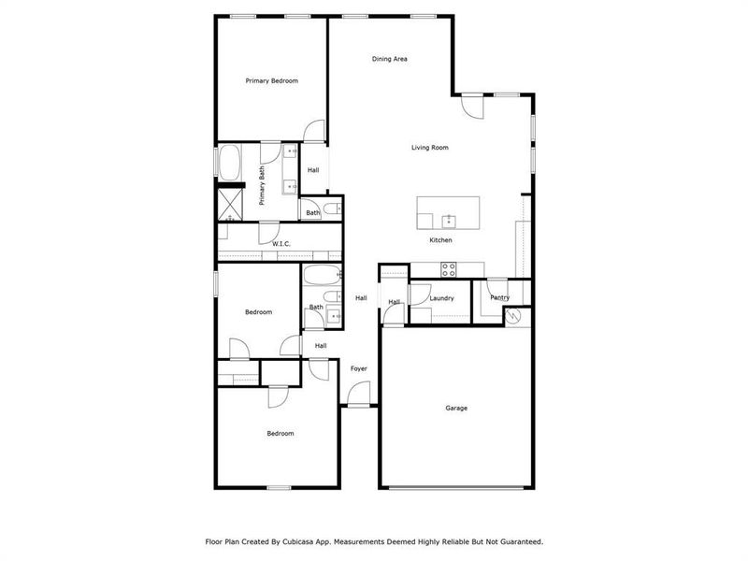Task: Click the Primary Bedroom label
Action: (x=271, y=81)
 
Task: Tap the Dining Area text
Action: (x=389, y=59)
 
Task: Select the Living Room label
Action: (x=430, y=148)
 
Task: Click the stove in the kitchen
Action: (x=448, y=269)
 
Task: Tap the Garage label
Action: (x=455, y=409)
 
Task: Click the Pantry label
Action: (x=499, y=298)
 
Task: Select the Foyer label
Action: (x=358, y=368)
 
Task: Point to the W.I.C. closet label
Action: (x=281, y=244)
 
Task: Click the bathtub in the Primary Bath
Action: (x=229, y=162)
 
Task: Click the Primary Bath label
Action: (x=263, y=186)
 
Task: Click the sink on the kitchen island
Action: (x=449, y=220)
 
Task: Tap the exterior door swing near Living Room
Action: (x=473, y=106)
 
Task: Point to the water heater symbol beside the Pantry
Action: (x=512, y=317)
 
